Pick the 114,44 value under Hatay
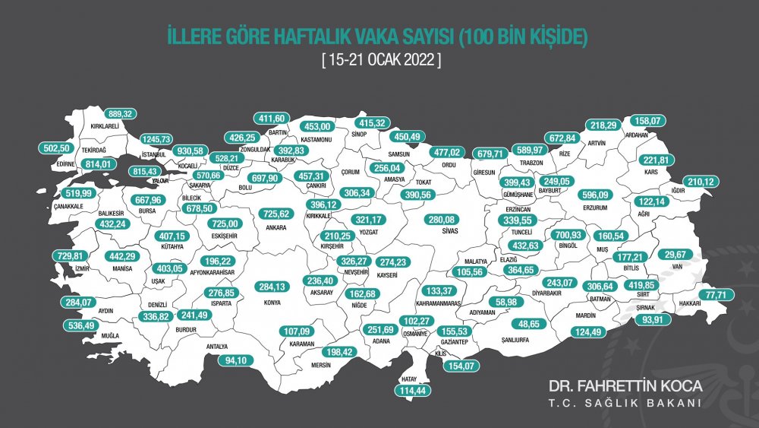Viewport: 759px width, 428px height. [x=414, y=390]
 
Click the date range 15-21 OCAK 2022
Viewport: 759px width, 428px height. [x=380, y=59]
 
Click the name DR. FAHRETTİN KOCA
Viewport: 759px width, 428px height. [x=625, y=385]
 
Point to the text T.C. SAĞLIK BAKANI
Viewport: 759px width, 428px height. [x=625, y=403]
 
